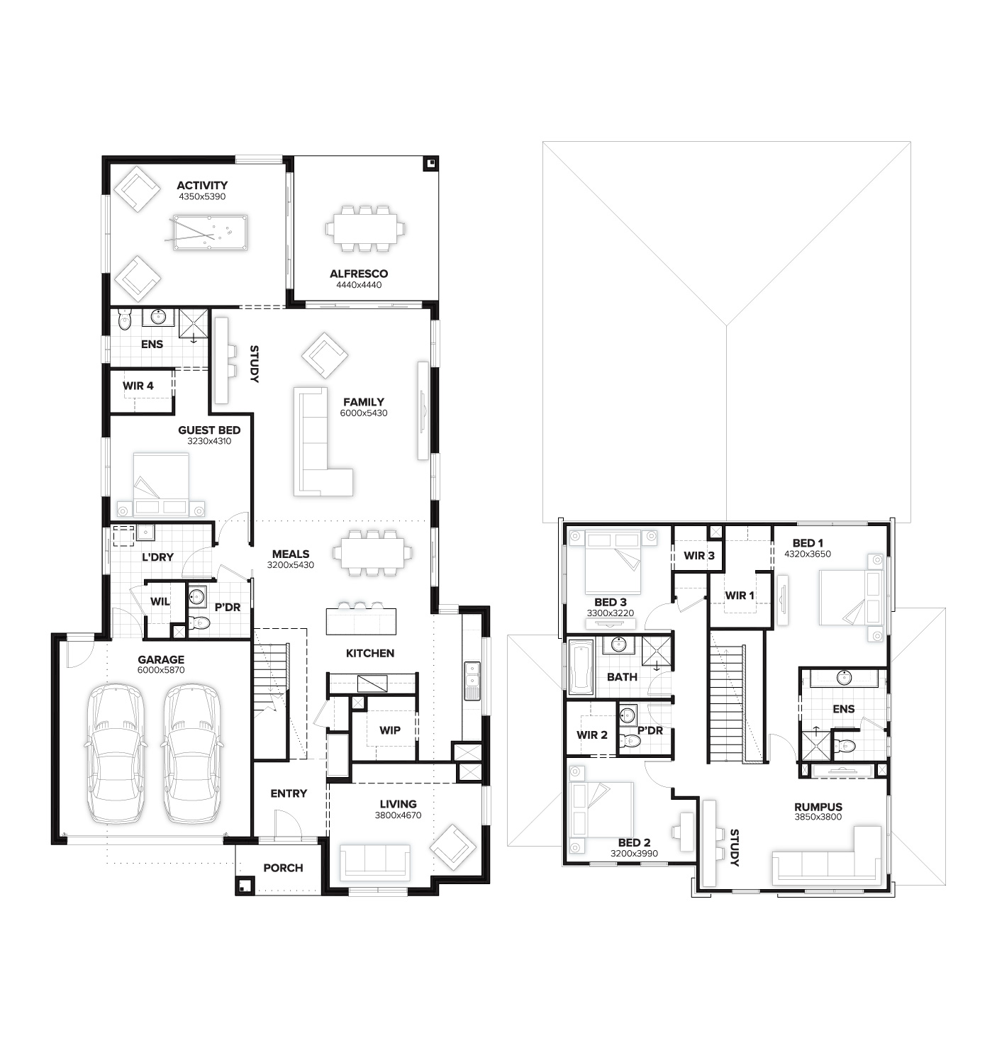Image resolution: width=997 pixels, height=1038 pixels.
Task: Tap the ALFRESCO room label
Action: coord(358,274)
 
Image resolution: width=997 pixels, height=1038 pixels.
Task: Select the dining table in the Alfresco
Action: coord(365,228)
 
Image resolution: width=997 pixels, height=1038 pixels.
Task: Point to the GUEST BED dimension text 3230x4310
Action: coord(209,441)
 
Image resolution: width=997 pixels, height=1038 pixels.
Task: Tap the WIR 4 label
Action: coord(138,386)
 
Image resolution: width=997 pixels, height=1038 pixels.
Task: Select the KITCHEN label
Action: coord(369,653)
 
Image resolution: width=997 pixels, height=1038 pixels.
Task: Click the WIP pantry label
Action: coord(389,730)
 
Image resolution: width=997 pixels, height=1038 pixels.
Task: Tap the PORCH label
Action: coord(283,868)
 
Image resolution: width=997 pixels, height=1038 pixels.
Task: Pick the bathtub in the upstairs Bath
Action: coord(581,667)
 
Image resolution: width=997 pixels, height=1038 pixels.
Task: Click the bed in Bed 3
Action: coord(611,562)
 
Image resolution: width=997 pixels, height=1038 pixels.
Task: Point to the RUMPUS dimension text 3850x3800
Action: coord(818,817)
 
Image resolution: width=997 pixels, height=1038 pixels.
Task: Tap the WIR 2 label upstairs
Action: coord(591,735)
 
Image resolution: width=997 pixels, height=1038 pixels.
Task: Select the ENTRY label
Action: coord(289,793)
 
